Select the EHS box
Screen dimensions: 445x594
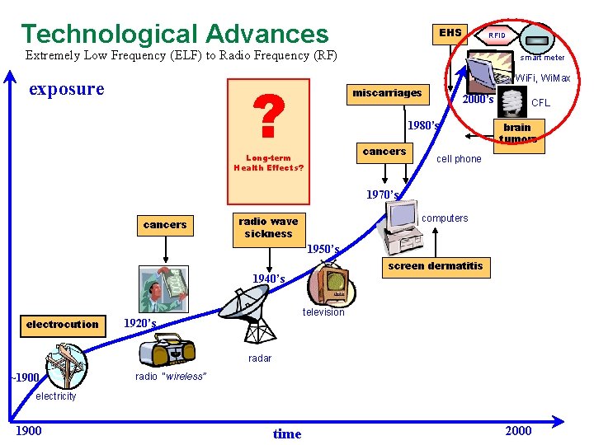click(450, 34)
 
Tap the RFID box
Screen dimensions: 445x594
click(497, 35)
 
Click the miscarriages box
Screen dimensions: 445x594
click(386, 93)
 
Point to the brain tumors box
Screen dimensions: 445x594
click(517, 133)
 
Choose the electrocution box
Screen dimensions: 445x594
click(62, 325)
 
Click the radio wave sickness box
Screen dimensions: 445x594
click(268, 227)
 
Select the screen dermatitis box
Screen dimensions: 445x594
click(435, 266)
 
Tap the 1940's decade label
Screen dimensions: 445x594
click(268, 279)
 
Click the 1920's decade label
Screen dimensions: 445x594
click(139, 323)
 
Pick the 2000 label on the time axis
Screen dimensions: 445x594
click(518, 431)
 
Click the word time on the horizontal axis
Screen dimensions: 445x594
click(286, 433)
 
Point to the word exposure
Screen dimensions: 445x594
click(67, 89)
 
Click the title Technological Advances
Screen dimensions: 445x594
click(174, 34)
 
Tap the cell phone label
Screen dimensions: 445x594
click(458, 159)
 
